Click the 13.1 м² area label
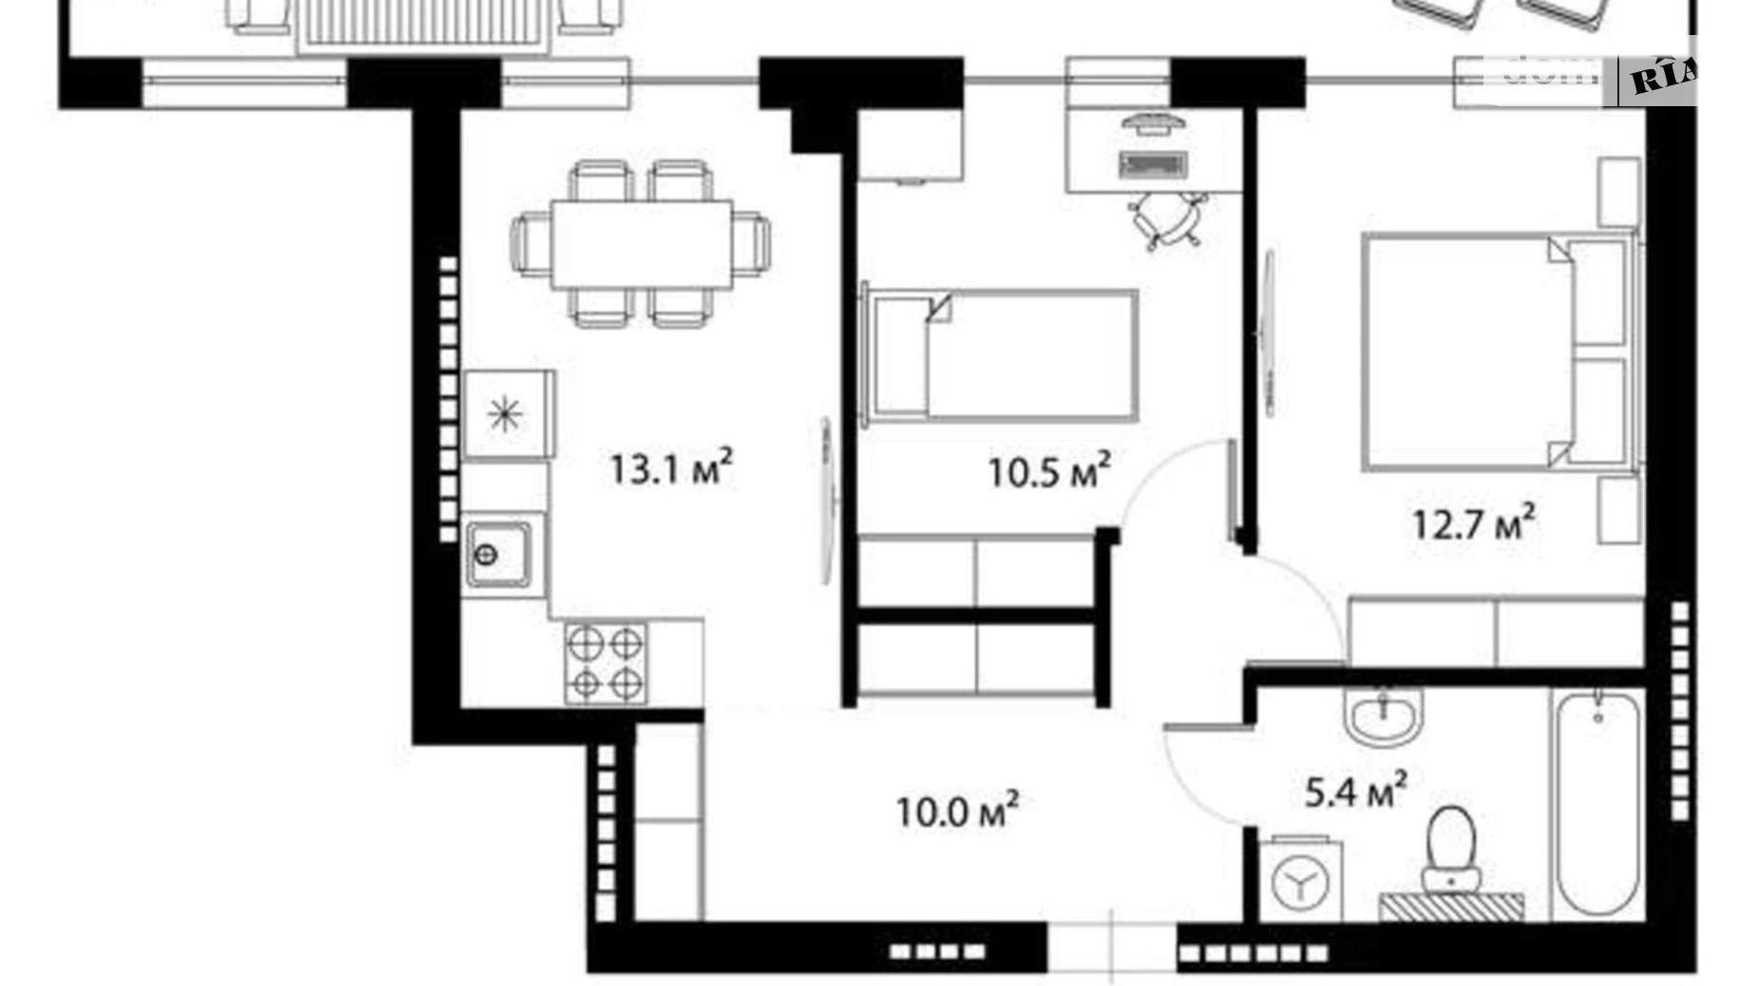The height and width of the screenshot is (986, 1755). (670, 468)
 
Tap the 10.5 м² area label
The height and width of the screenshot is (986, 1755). (1048, 471)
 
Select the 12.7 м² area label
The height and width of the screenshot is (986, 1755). (1473, 522)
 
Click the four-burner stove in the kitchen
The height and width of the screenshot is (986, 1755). (605, 663)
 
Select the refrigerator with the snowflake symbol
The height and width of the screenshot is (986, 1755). (507, 414)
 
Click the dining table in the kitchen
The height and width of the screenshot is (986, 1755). (641, 244)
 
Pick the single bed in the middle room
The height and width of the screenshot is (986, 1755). (1001, 356)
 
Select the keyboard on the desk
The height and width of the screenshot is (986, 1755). (1154, 164)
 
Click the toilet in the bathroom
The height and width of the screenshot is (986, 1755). (1450, 849)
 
